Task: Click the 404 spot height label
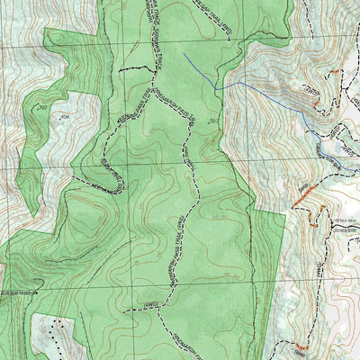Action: (x=64, y=116)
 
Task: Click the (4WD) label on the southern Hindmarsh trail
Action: (x=154, y=306)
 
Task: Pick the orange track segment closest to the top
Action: (x=302, y=190)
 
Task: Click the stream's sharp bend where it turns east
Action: (x=216, y=87)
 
